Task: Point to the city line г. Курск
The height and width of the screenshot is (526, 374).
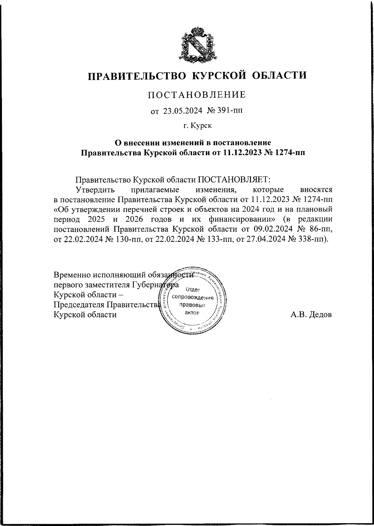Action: click(x=197, y=125)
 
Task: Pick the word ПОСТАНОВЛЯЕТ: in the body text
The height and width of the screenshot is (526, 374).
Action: click(x=233, y=180)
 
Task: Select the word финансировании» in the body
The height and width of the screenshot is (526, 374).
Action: click(x=242, y=219)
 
